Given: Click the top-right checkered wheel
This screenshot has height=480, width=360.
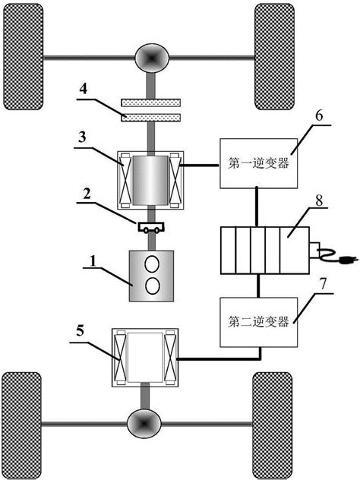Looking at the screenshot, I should [x=274, y=57].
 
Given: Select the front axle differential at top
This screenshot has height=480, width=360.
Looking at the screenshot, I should [x=149, y=57].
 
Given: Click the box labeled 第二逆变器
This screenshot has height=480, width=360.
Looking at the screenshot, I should [x=258, y=322].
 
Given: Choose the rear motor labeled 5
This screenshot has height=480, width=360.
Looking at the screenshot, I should [x=144, y=357].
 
